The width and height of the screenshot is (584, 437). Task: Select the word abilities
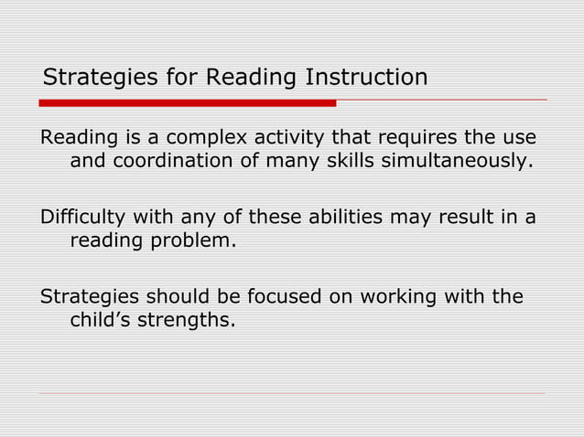(346, 218)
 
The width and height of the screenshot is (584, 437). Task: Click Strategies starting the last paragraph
(84, 298)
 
